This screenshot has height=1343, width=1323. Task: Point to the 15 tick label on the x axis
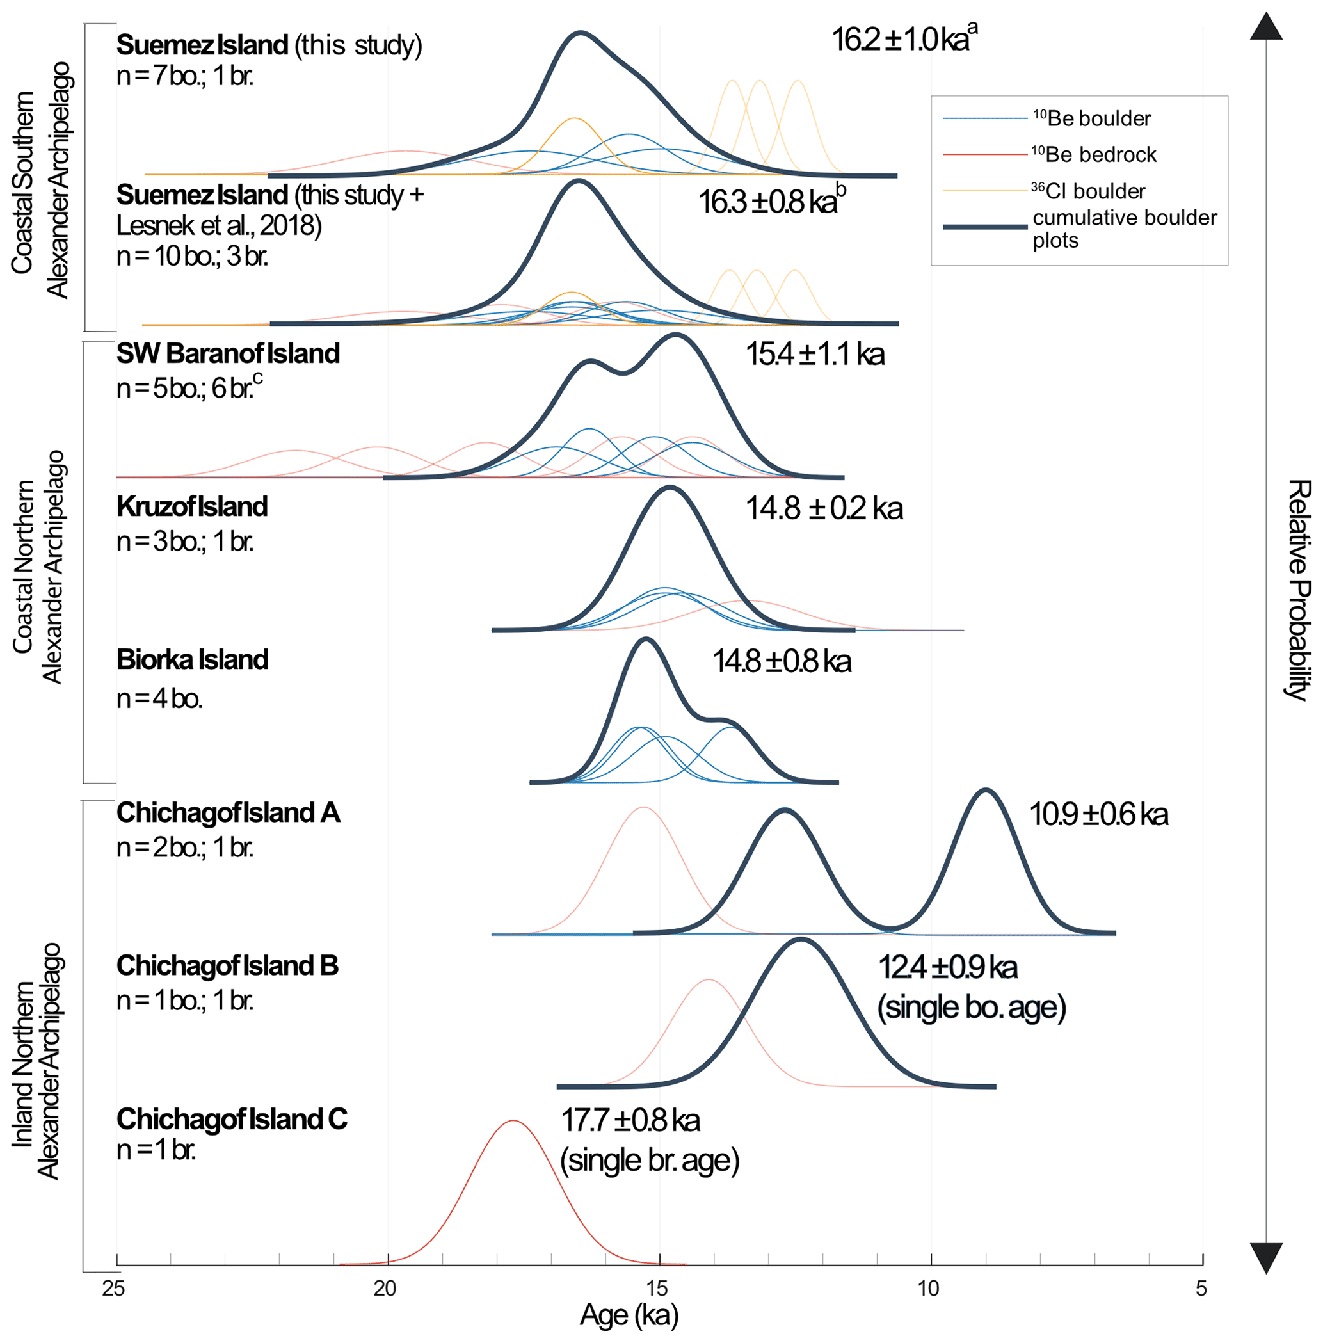657,1288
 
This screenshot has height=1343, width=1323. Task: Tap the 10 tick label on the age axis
928,1288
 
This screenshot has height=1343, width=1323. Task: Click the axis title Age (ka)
629,1315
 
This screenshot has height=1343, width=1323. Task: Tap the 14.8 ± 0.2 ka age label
824,508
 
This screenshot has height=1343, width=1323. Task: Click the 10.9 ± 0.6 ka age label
1098,814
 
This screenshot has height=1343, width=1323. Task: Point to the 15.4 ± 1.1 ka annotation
815,355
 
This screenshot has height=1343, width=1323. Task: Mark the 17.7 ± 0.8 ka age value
630,1121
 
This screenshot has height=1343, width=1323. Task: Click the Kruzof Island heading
192,506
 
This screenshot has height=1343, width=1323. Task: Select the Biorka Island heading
193,659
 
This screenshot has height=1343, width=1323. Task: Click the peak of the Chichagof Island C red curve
513,1121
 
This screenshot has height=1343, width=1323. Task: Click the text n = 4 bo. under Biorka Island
160,698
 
